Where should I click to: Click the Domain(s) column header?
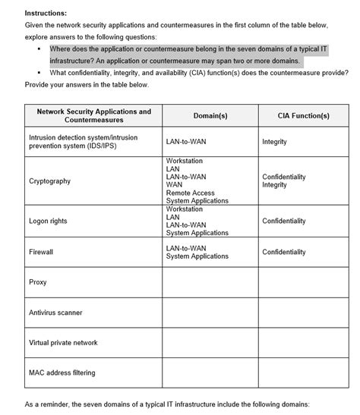point(210,116)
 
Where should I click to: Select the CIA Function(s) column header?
point(304,116)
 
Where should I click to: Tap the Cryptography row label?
point(49,181)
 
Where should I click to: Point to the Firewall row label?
point(41,251)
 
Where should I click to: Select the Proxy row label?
point(37,282)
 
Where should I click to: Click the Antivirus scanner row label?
point(55,313)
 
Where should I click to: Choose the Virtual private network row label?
point(63,343)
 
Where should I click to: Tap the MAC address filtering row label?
point(60,373)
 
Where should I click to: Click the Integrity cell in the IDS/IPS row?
point(274,142)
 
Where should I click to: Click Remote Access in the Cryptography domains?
point(191,193)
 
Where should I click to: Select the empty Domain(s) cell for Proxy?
point(210,282)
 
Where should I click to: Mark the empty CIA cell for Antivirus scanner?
point(304,313)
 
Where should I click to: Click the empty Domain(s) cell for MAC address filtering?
point(210,373)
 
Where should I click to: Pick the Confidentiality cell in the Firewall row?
point(284,251)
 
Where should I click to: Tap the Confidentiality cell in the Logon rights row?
point(284,221)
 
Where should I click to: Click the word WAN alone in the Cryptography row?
point(174,184)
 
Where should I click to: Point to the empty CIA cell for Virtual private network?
point(304,343)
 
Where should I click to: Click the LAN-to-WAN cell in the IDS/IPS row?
point(186,142)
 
